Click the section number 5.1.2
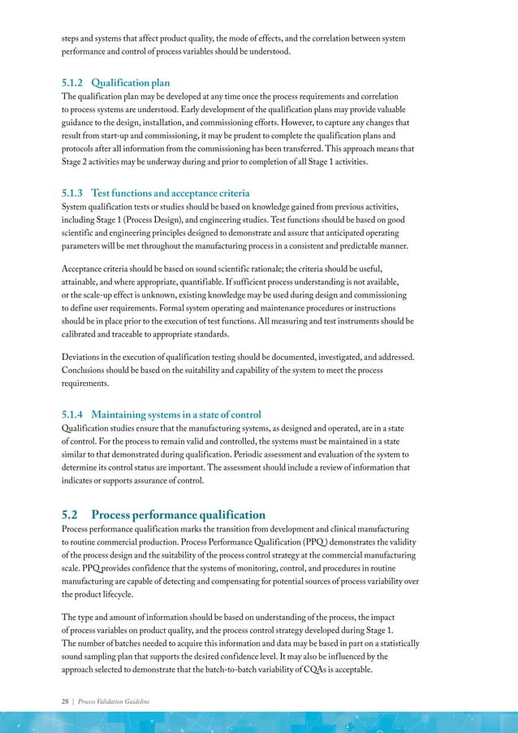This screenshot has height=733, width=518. click(x=75, y=82)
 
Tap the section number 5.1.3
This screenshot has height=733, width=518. click(x=75, y=193)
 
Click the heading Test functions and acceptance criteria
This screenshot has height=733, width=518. click(x=170, y=193)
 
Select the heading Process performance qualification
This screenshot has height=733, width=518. click(x=178, y=514)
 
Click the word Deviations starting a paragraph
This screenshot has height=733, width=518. click(x=85, y=358)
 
